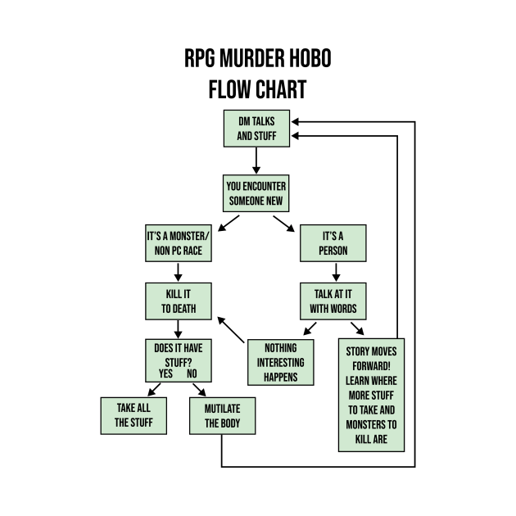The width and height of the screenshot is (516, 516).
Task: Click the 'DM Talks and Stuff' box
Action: [x=256, y=129]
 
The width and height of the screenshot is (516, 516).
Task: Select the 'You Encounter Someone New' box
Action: [x=256, y=193]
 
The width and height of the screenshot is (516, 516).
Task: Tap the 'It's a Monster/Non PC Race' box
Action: [x=178, y=243]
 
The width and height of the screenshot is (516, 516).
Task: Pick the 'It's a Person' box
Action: [x=333, y=243]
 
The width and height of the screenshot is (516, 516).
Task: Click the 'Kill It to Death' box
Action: [x=178, y=301]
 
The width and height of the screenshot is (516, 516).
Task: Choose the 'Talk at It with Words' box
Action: [x=333, y=301]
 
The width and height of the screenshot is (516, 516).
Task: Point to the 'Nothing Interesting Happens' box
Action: [x=281, y=361]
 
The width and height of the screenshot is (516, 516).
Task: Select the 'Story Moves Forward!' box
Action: [x=371, y=394]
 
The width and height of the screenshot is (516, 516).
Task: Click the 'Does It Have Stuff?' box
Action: [x=178, y=353]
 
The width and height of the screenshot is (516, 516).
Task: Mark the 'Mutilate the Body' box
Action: [x=223, y=415]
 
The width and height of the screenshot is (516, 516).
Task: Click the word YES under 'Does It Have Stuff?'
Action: [x=166, y=374]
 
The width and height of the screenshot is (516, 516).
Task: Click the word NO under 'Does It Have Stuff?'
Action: [x=192, y=374]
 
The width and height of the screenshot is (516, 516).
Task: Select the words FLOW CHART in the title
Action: [x=257, y=88]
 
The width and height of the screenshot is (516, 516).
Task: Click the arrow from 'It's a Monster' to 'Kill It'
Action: [x=178, y=273]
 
